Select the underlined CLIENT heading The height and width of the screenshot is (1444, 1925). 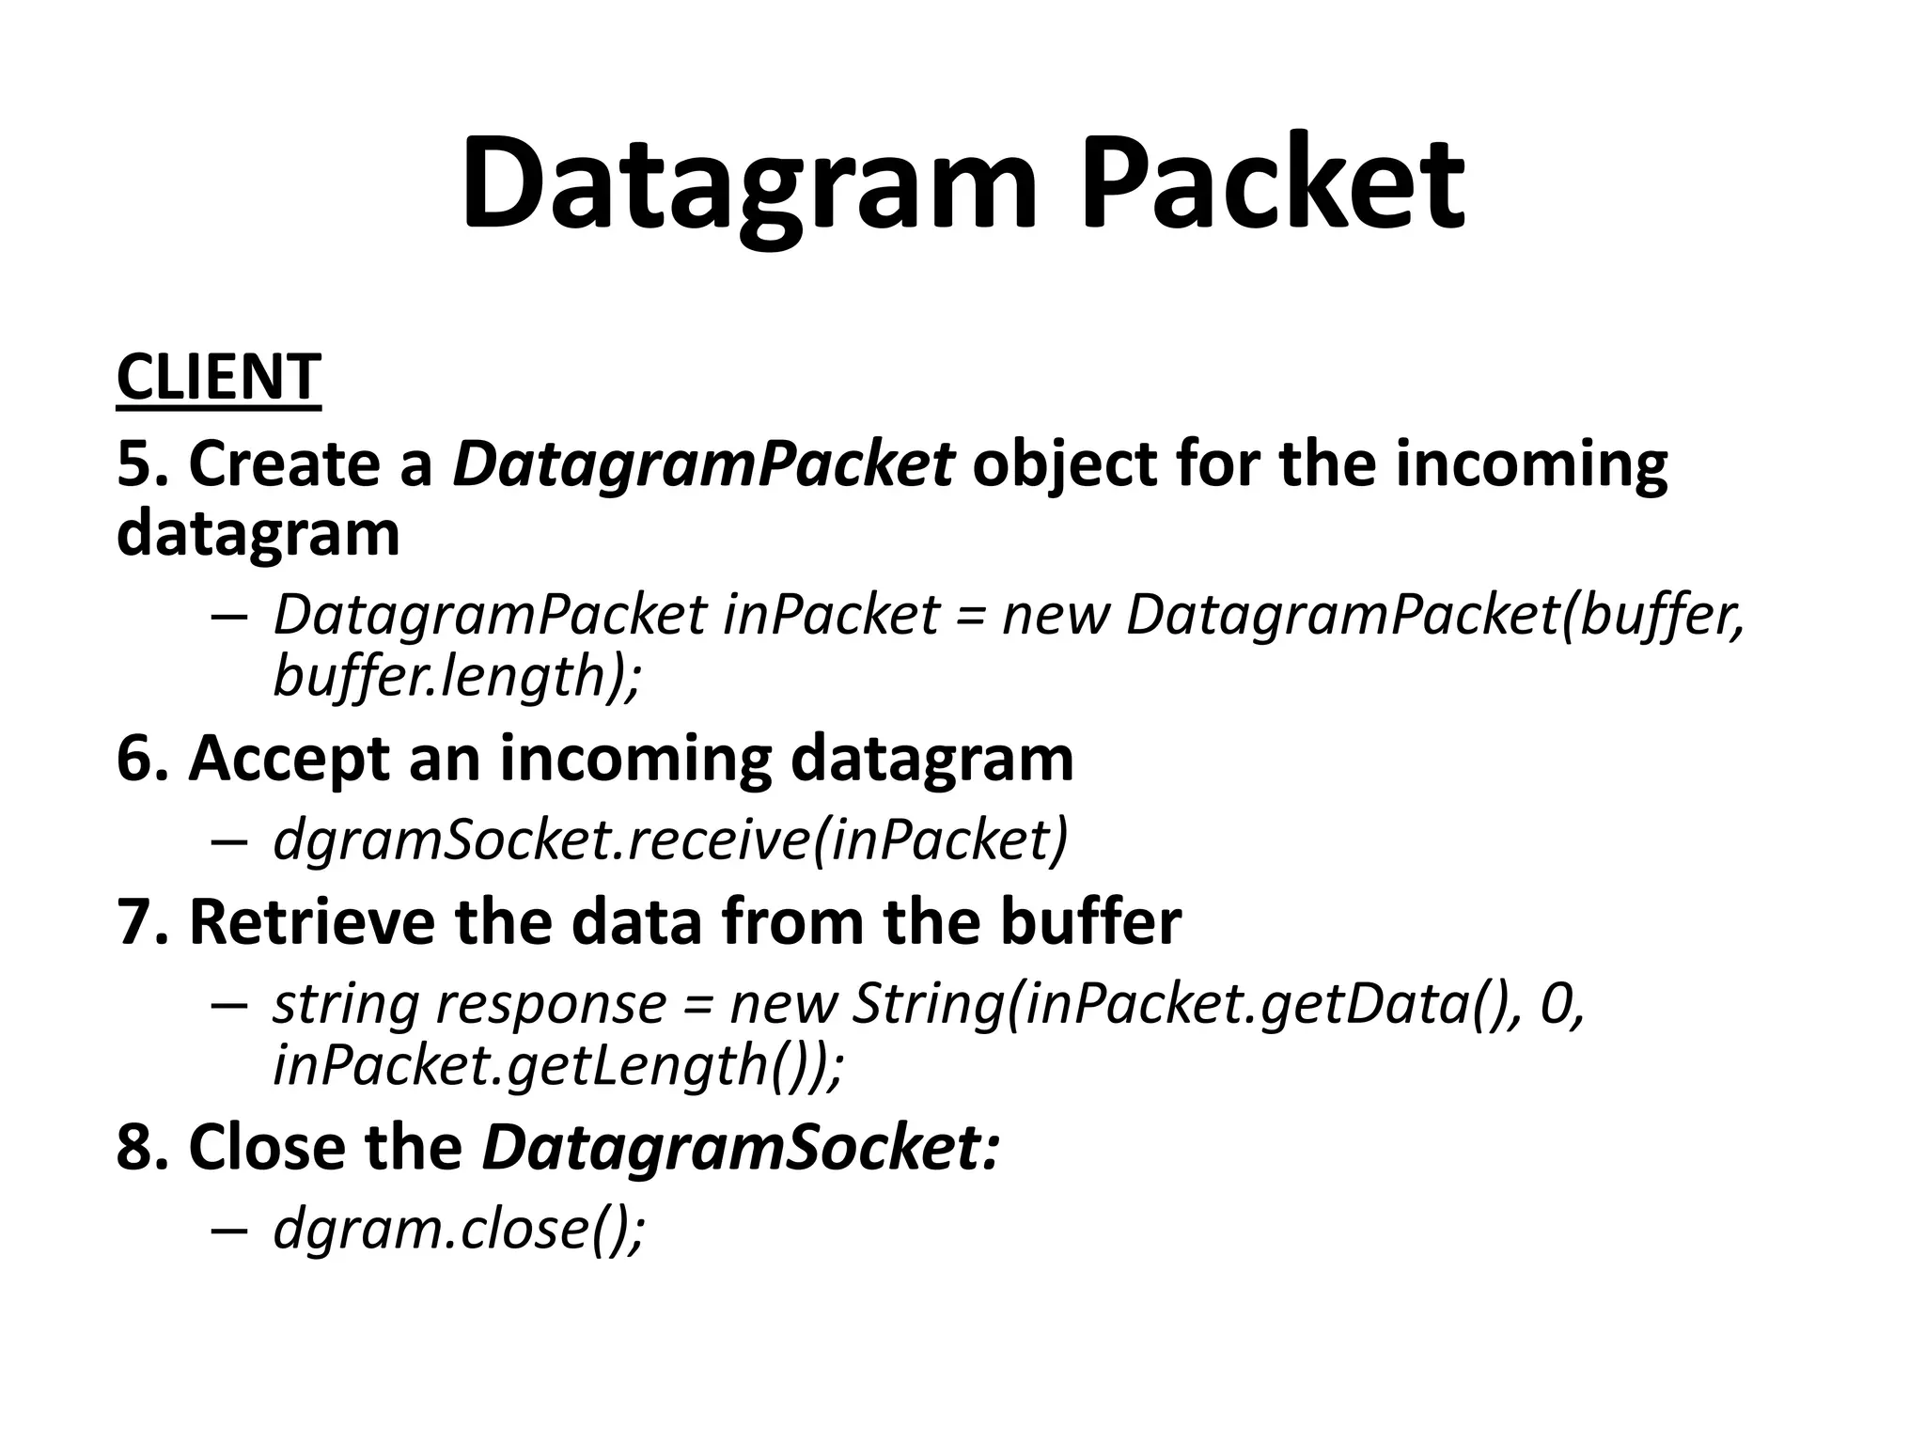click(x=219, y=377)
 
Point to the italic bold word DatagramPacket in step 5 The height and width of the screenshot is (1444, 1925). click(x=703, y=465)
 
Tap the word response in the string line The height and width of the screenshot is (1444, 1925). click(x=551, y=1003)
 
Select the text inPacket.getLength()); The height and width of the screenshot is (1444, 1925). click(x=559, y=1065)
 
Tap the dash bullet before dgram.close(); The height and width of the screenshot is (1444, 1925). click(x=229, y=1231)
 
